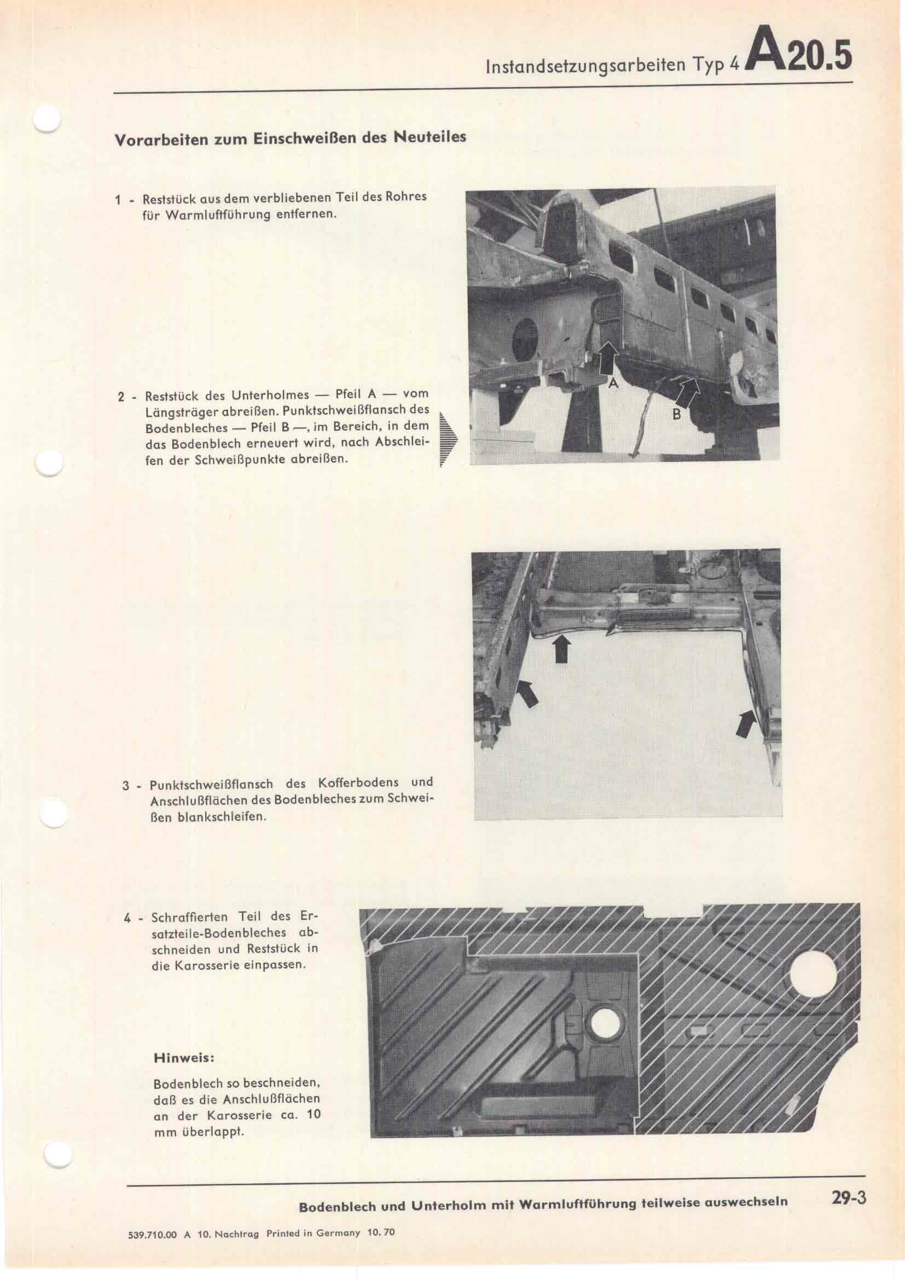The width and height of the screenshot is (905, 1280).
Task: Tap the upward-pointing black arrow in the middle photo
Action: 562,648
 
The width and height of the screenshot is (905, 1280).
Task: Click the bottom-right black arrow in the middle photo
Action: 746,724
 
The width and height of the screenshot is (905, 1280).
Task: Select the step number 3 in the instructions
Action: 126,786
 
